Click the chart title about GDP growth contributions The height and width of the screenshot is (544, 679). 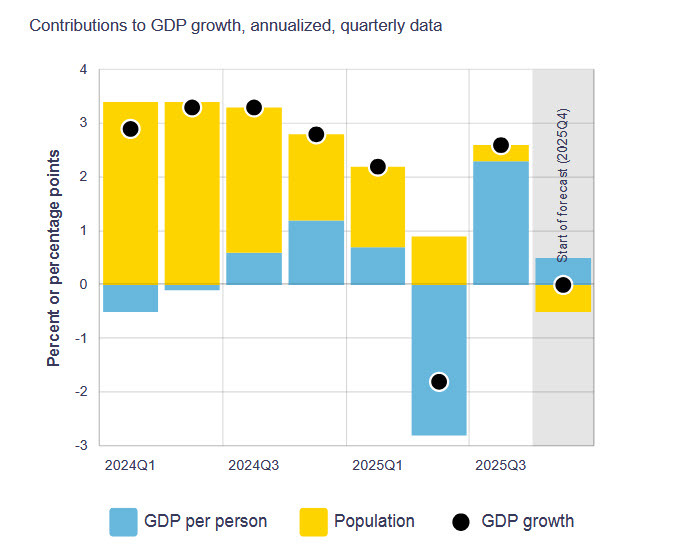tap(235, 25)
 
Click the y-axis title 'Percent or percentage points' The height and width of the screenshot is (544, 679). tap(54, 258)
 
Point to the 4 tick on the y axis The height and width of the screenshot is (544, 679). tap(83, 70)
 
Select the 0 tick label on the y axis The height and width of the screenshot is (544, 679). tap(83, 284)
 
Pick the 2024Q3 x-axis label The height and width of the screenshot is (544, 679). tap(254, 465)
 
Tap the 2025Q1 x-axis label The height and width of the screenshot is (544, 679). tap(377, 465)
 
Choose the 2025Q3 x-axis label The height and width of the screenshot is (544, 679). tap(501, 465)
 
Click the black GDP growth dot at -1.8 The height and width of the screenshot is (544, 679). tap(439, 381)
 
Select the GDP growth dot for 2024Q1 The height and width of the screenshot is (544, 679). tap(130, 129)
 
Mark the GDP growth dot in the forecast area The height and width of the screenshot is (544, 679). tap(563, 285)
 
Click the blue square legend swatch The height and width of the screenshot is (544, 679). tap(123, 521)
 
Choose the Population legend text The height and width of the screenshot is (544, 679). tap(374, 521)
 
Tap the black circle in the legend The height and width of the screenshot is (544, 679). tap(460, 521)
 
